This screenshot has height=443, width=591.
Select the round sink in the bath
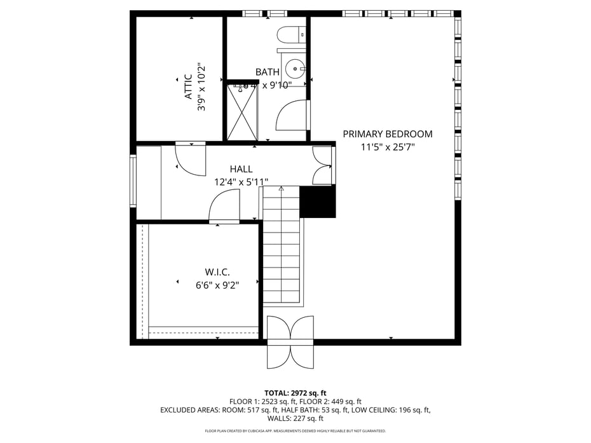coord(295,68)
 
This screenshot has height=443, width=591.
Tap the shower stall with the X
coord(242,112)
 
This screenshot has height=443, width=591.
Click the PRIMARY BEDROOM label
coord(388,134)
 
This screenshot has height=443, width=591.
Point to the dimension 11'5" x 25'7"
coord(388,147)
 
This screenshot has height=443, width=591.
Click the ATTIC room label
coord(188,87)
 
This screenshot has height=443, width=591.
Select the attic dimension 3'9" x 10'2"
coord(201,87)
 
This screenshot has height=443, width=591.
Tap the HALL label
coord(241,169)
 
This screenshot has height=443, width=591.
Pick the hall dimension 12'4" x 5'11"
coord(241,182)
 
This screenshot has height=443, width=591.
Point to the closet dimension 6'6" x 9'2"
coord(217,285)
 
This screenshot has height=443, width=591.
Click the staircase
coord(281,245)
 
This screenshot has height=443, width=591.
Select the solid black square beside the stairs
coord(317,202)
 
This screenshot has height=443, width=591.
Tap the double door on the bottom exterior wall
coord(290,342)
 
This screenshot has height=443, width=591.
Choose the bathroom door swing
coord(292,115)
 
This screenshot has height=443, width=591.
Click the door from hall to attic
coord(191,158)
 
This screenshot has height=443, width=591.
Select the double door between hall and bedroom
coord(323,166)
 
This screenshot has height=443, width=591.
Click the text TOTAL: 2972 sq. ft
coord(295,393)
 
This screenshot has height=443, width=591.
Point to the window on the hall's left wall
coord(133,181)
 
